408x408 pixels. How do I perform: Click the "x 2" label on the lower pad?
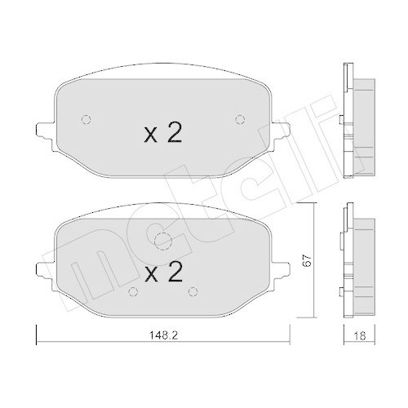pos(163,272)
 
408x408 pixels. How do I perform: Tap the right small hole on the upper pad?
pos(239,120)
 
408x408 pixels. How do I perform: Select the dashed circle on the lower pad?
pos(162,241)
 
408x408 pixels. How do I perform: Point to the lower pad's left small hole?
pos(131,290)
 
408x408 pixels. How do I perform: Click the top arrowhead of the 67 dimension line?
pos(313,206)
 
